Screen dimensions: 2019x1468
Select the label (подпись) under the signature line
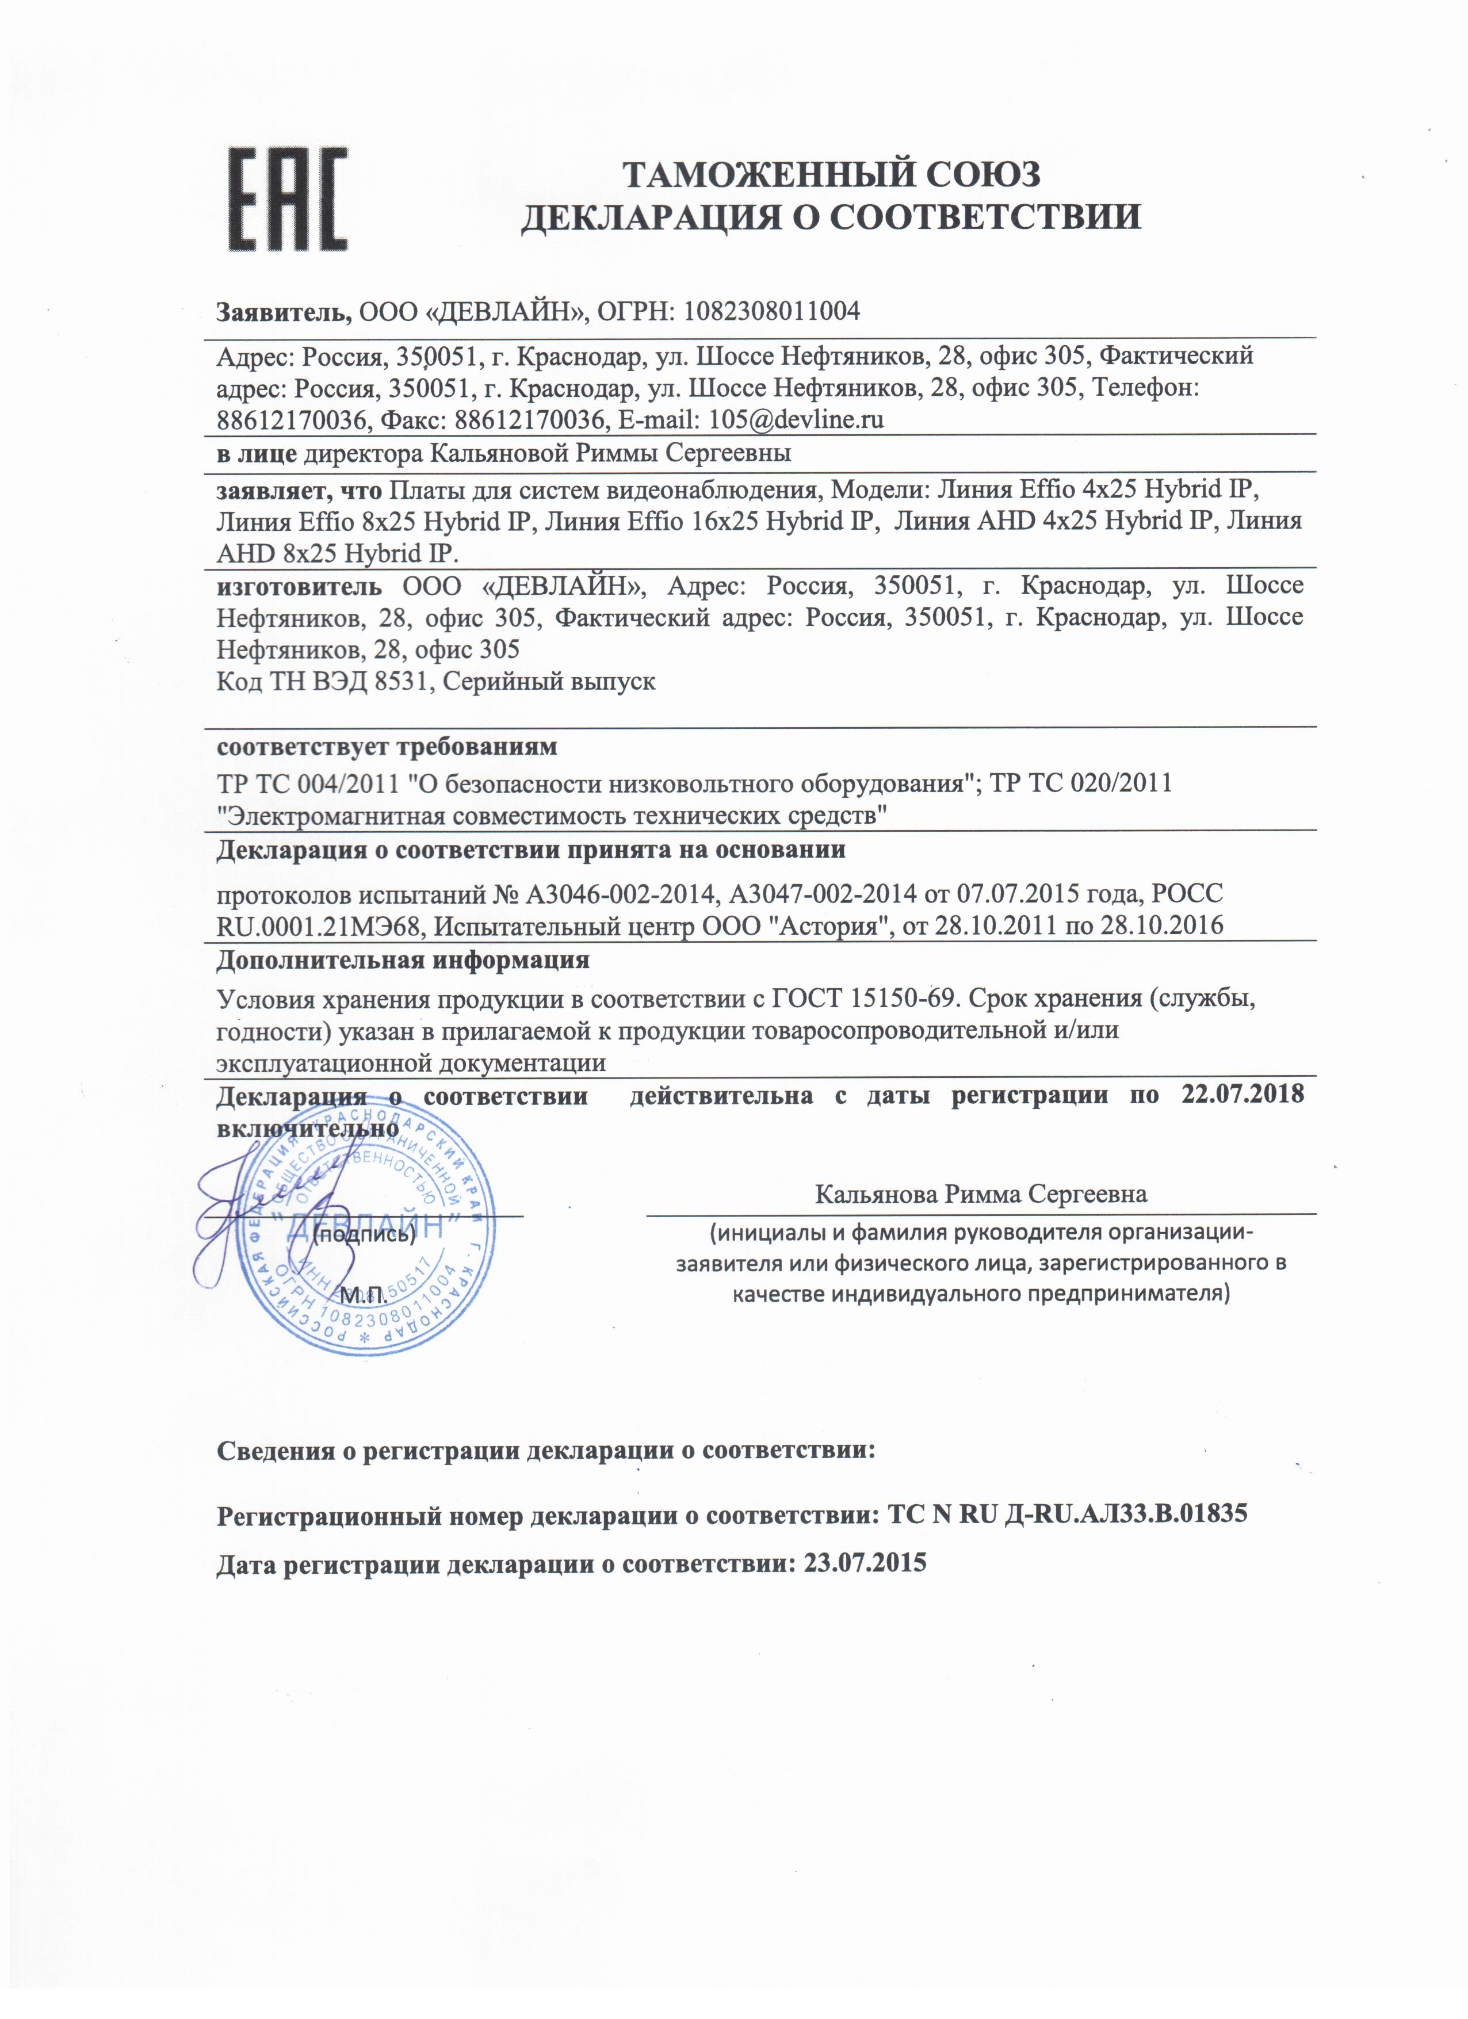pyautogui.click(x=365, y=1235)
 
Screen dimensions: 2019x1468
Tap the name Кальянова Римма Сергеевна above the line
pyautogui.click(x=981, y=1194)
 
